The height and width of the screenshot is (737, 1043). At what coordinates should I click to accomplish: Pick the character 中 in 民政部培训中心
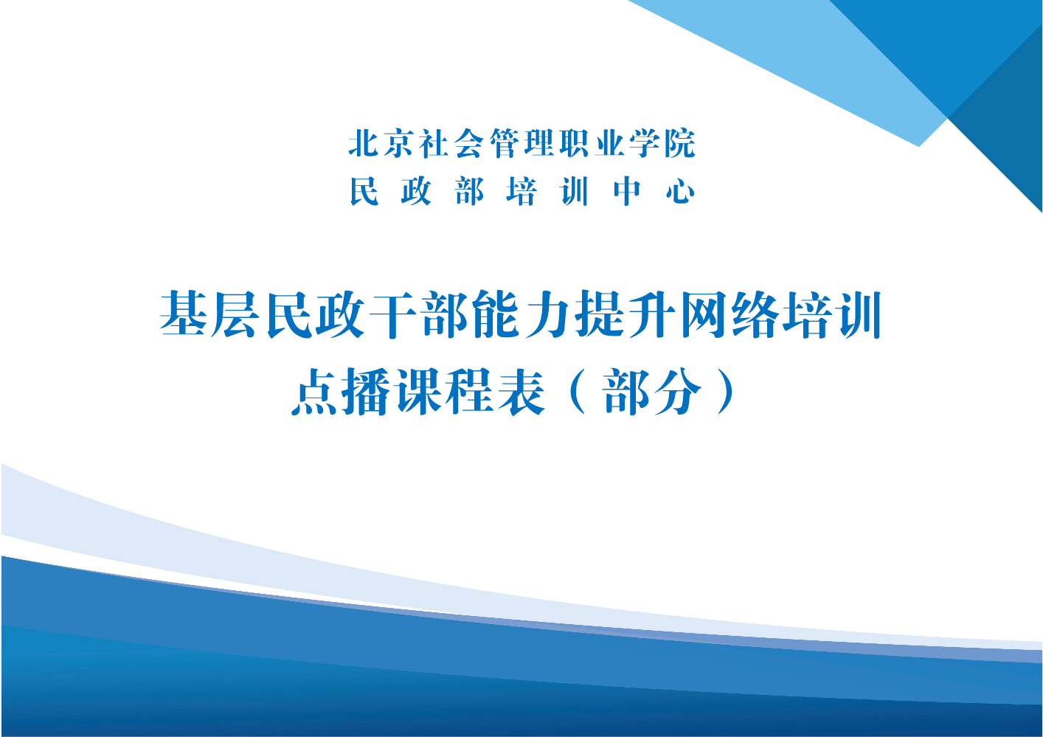(x=627, y=191)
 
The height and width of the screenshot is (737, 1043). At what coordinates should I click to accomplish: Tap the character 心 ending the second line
(x=680, y=192)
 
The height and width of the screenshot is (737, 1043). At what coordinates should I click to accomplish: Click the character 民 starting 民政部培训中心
(x=364, y=191)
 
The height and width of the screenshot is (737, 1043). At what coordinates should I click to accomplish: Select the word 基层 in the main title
(x=208, y=314)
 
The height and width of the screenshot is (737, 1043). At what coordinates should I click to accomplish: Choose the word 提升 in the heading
(x=627, y=314)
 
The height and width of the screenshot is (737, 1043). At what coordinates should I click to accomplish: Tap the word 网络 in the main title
(x=731, y=314)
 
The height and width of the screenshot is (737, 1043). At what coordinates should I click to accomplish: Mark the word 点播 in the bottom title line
(x=341, y=392)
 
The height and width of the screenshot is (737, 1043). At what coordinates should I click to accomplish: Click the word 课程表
(x=470, y=392)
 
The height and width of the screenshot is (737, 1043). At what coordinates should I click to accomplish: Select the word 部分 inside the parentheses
(x=652, y=392)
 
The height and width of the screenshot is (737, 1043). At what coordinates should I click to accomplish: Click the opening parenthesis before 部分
(x=577, y=392)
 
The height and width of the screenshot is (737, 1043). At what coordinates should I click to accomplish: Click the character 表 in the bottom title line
(x=521, y=392)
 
